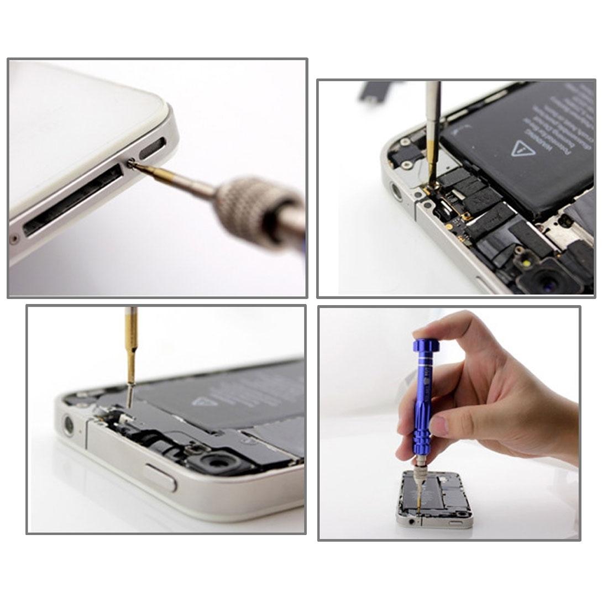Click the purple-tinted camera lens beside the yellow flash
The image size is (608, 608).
[x=553, y=282]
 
